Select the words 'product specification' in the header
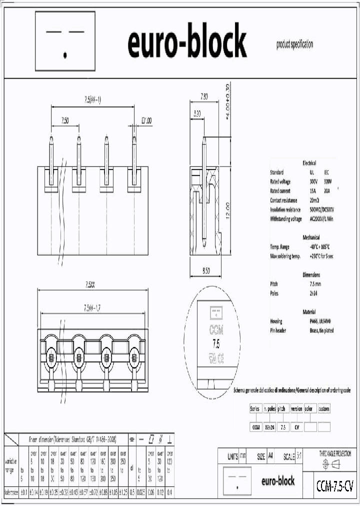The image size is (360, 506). pos(294,44)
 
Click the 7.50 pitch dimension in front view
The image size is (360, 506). pos(65,120)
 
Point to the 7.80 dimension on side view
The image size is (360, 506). pos(204,95)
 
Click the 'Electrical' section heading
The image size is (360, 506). pos(309,163)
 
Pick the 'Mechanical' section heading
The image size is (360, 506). pos(311,237)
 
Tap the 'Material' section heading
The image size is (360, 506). pos(309,312)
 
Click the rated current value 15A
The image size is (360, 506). pos(312,191)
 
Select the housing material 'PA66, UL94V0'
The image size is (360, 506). pos(321,321)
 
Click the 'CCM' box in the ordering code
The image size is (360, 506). pos(255,427)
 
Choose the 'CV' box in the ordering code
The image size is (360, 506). pos(296,427)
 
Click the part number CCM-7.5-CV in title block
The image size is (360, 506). pos(334,485)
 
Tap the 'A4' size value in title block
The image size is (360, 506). pos(270,456)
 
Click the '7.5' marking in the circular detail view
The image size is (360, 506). pos(216,344)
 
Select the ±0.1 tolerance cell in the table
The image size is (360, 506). pos(23,492)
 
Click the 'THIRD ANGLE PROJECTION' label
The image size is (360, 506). pos(335,453)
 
